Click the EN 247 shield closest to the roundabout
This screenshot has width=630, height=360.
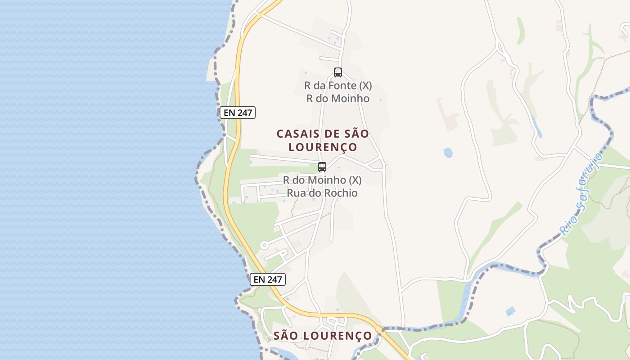[x=268, y=279]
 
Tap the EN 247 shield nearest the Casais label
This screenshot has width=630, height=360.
[x=238, y=112]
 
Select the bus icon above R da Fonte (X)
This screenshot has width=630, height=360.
[x=337, y=72]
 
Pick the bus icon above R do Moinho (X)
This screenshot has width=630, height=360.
[x=322, y=167]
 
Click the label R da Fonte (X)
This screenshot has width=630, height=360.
[x=338, y=85]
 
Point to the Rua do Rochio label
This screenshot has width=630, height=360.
[x=322, y=193]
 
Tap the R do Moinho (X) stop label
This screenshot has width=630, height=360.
[x=322, y=180]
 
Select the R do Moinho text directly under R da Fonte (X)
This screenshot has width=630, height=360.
[x=338, y=99]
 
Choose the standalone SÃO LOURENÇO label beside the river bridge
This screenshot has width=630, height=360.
[x=323, y=336]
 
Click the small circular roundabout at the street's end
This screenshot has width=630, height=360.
[x=264, y=245]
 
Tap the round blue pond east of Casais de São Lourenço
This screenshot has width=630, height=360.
[x=448, y=153]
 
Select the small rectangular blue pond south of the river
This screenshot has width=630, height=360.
[x=510, y=311]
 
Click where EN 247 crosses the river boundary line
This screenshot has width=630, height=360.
[x=380, y=328]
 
